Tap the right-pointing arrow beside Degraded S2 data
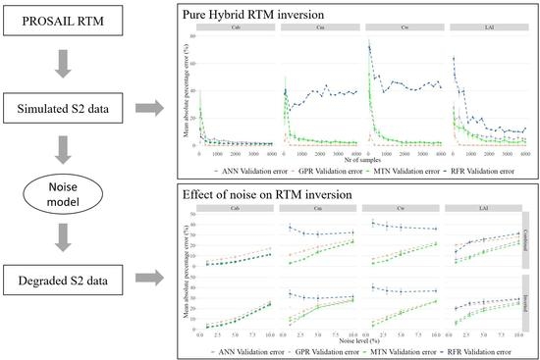[x=157, y=279]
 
